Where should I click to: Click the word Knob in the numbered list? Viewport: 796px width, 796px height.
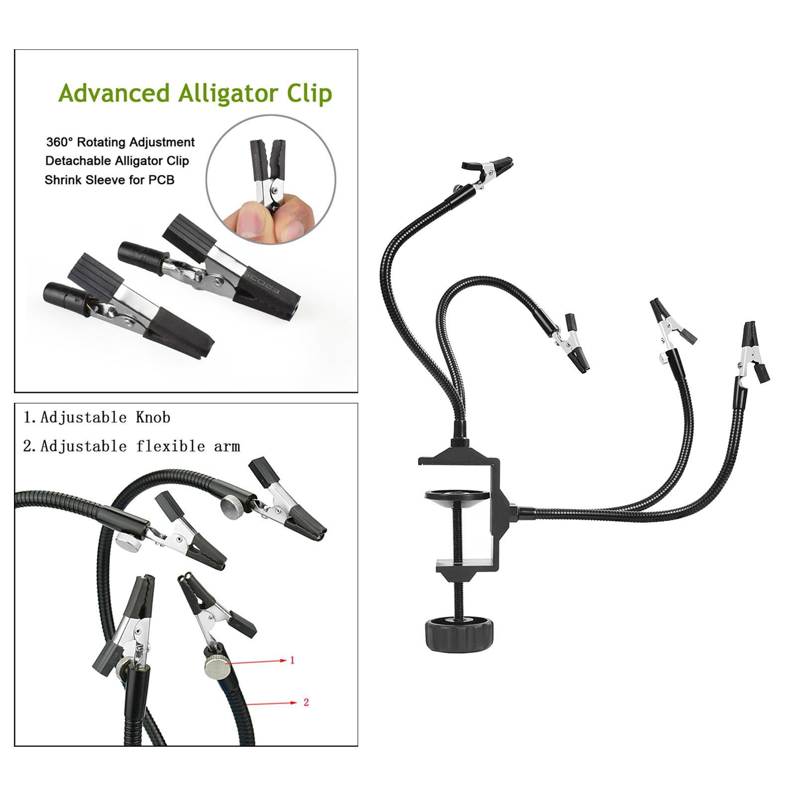coord(153,417)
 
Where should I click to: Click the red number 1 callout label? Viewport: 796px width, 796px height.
coord(292,660)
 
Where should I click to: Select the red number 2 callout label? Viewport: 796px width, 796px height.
coord(306,702)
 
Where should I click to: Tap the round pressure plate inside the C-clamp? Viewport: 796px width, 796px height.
coord(457,497)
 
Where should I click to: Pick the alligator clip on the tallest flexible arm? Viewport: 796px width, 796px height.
coord(487,172)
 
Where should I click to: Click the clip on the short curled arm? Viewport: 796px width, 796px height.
coord(571,343)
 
